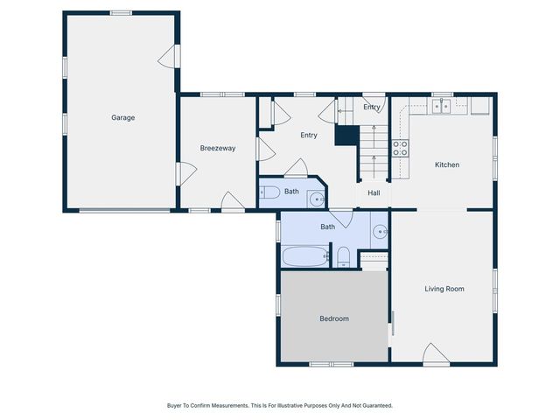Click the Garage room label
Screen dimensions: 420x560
(122, 117)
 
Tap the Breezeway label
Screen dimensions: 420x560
(217, 148)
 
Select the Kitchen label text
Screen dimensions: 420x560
(447, 164)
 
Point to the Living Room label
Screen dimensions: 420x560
(444, 288)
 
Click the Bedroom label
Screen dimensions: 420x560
(332, 318)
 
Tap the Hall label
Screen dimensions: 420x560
(374, 192)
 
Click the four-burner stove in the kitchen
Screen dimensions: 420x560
(400, 149)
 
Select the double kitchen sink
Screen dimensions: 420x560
(442, 107)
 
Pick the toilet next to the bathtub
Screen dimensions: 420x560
(344, 257)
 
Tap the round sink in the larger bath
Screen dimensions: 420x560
(380, 233)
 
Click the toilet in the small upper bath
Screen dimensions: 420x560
(269, 192)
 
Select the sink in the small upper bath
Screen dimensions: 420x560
(317, 199)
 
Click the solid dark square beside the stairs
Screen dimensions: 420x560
(346, 136)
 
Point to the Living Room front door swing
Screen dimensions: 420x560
(435, 353)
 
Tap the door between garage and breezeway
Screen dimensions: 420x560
(185, 173)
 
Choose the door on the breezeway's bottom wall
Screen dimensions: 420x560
(232, 202)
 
